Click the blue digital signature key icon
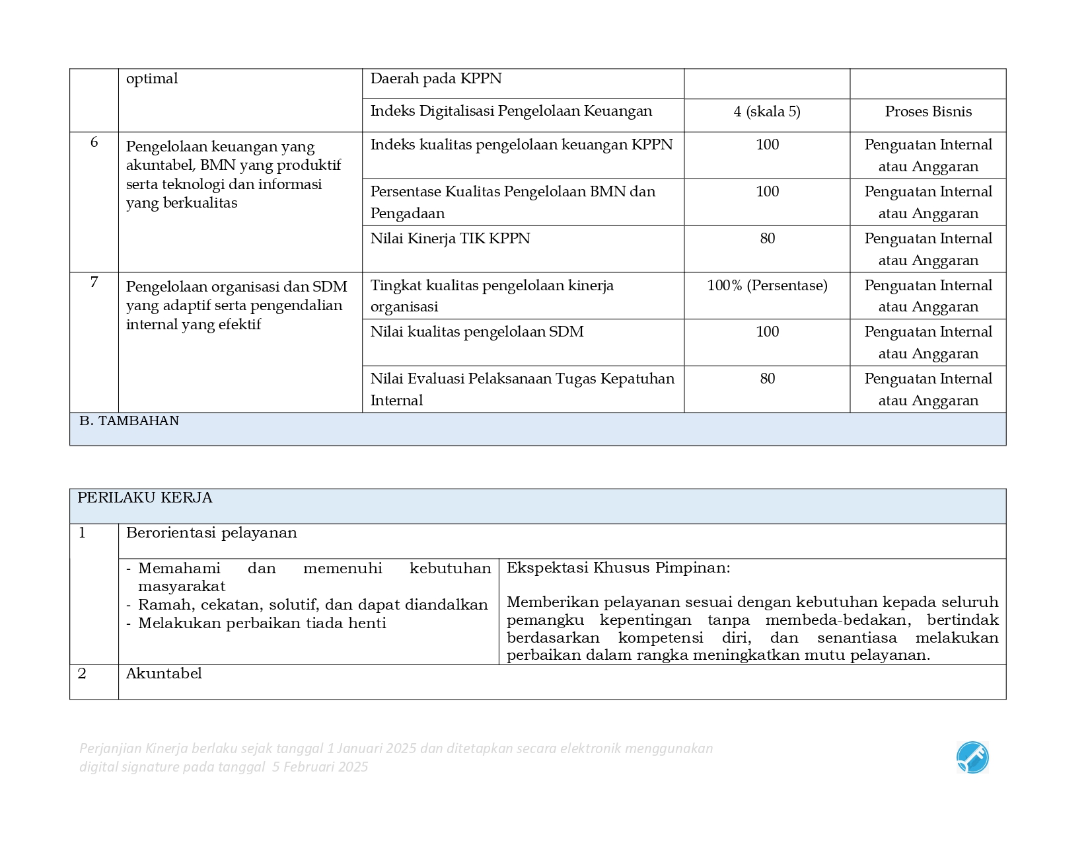[x=972, y=757]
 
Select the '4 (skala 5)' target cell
[x=766, y=112]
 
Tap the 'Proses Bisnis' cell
[x=927, y=112]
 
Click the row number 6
[x=94, y=143]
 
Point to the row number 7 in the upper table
[x=94, y=282]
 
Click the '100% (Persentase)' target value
[x=766, y=286]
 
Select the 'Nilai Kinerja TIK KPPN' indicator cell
[x=450, y=239]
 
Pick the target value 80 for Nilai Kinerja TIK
[x=767, y=239]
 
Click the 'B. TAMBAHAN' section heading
[x=129, y=421]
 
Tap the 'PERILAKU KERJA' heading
[x=145, y=498]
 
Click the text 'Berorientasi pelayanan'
[x=211, y=533]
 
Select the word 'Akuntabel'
[x=164, y=674]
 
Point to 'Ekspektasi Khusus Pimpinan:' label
[x=618, y=568]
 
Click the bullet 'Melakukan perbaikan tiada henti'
[x=262, y=623]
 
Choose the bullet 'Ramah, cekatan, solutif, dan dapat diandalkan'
[x=312, y=605]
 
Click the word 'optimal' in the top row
[x=152, y=79]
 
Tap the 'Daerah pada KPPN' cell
[x=436, y=79]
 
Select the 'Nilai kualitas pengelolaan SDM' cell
[x=476, y=332]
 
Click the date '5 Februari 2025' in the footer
[x=320, y=767]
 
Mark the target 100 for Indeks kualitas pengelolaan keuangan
[x=767, y=145]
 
